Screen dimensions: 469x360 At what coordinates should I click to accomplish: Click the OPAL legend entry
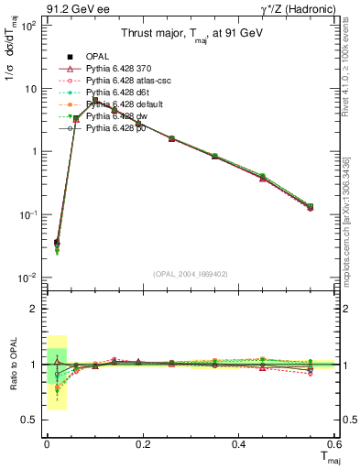[96, 57]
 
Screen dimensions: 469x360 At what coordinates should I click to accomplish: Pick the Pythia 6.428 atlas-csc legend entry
[123, 81]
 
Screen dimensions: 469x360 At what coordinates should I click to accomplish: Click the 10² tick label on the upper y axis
[27, 26]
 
